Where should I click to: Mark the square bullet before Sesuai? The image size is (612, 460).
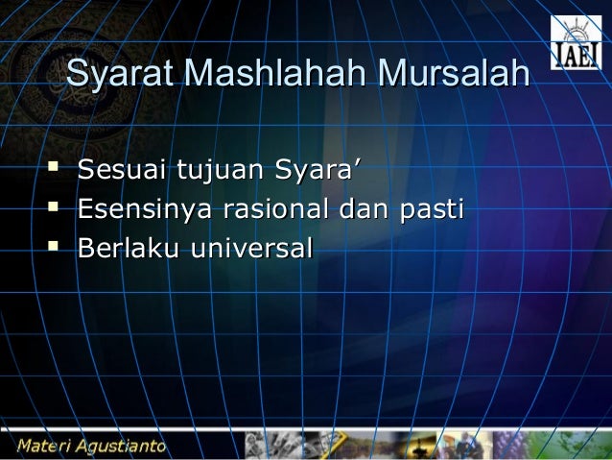click(x=54, y=172)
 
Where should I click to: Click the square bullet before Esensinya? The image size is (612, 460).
click(x=54, y=208)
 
